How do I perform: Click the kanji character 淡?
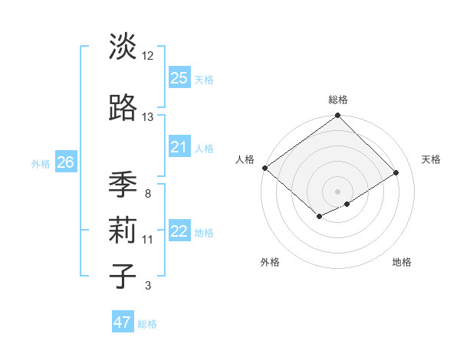(x=123, y=47)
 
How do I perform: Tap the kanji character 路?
(x=123, y=110)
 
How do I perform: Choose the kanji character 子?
(x=123, y=275)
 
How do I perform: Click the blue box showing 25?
(x=179, y=78)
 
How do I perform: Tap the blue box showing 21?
(x=179, y=147)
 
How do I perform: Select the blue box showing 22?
(x=179, y=232)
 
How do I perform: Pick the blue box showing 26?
(x=66, y=162)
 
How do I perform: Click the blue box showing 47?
(x=123, y=322)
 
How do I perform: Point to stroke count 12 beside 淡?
(x=148, y=56)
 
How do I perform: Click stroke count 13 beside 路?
(x=148, y=117)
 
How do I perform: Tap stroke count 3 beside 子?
(x=148, y=286)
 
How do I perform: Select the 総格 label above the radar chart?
(x=338, y=100)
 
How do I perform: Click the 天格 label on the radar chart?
(x=432, y=159)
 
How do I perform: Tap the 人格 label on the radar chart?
(x=245, y=159)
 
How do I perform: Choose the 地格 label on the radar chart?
(x=402, y=262)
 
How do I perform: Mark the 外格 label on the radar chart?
(x=270, y=262)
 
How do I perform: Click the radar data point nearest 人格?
(x=264, y=168)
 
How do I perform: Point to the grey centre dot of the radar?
(x=337, y=191)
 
